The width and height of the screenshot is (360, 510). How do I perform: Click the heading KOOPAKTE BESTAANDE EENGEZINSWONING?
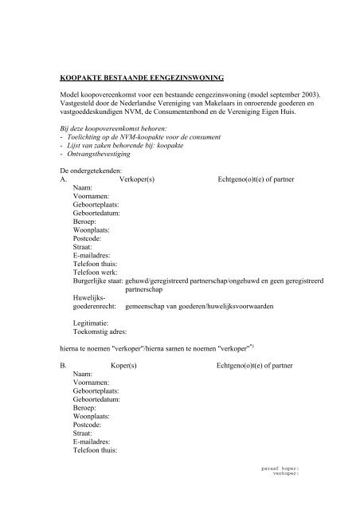point(143,77)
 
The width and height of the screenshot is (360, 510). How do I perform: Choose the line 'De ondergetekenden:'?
point(89,171)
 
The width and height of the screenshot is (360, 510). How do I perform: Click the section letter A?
point(64,181)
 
